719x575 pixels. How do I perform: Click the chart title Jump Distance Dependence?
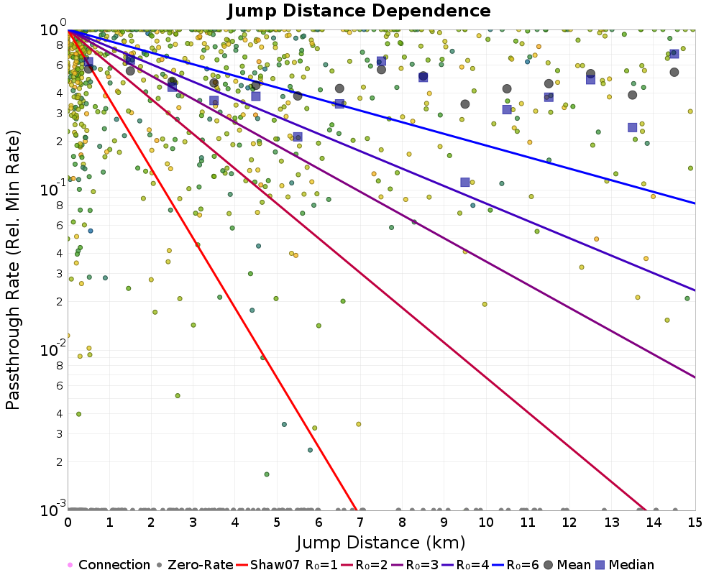click(359, 11)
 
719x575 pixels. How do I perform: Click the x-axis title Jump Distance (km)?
click(381, 541)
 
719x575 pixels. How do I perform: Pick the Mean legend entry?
click(570, 565)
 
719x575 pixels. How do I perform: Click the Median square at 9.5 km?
click(465, 183)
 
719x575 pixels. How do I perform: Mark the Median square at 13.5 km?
click(632, 127)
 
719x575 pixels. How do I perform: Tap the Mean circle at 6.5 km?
click(339, 88)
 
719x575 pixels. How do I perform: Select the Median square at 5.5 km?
click(298, 137)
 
